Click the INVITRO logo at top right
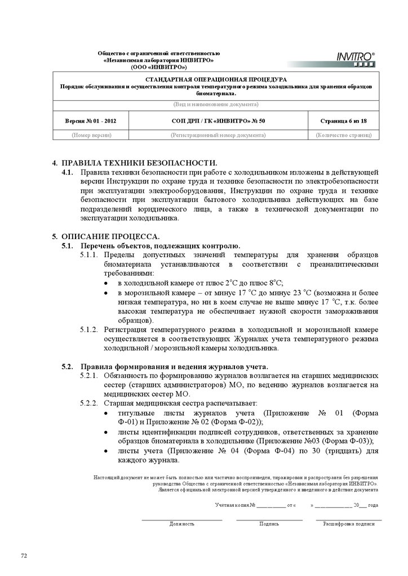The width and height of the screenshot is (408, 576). click(356, 58)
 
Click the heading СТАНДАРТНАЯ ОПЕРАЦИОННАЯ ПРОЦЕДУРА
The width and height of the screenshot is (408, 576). click(216, 80)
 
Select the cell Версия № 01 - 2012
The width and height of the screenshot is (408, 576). click(91, 120)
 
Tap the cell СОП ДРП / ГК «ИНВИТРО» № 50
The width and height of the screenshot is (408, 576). click(218, 120)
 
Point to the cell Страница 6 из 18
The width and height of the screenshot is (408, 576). click(343, 120)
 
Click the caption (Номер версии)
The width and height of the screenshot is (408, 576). click(91, 135)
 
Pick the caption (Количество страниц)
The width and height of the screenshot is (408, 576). click(343, 135)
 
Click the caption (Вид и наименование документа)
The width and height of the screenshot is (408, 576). click(216, 105)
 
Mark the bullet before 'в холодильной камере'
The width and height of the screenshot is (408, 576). click(105, 283)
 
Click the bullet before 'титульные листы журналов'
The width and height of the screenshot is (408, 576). click(105, 413)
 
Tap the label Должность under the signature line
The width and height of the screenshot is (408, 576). click(181, 524)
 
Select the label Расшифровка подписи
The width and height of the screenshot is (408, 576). click(348, 524)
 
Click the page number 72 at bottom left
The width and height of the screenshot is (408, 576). click(24, 556)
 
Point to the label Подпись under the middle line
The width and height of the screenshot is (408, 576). click(269, 524)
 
